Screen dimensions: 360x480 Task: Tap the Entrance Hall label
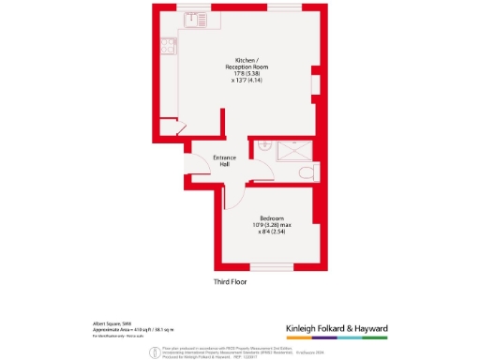click(x=225, y=160)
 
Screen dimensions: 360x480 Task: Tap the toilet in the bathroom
click(x=306, y=172)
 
